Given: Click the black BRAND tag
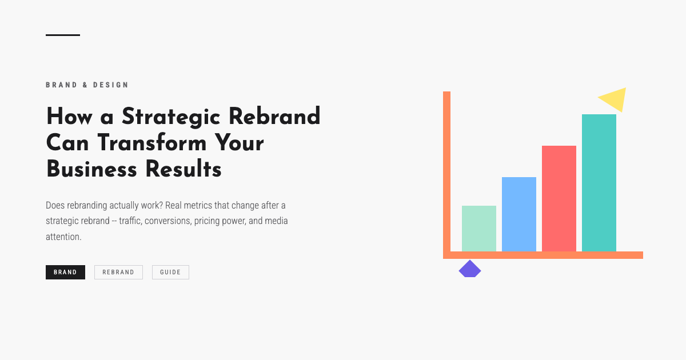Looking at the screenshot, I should pos(65,273).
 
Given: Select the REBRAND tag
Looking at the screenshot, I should pos(118,273).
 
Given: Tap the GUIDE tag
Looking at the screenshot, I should pos(170,273).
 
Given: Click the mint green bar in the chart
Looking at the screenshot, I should pos(479,229).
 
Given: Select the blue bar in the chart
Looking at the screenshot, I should pos(519,214).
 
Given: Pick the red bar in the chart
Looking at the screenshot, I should pos(559,198).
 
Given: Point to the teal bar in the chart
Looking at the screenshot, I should pos(599,183).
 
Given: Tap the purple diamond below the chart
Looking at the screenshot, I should pos(470,270).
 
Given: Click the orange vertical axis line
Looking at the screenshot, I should pos(447,171).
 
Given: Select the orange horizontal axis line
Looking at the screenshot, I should pos(543,255).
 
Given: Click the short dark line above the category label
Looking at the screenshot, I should pos(63,35).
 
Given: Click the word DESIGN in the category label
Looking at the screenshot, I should pos(111,85).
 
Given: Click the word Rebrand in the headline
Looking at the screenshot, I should pos(274,117).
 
